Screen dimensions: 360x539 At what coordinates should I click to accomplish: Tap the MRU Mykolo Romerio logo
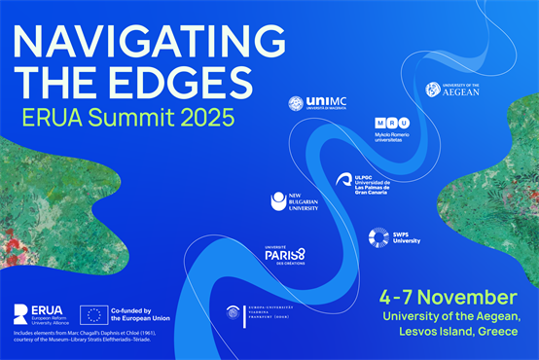(397, 129)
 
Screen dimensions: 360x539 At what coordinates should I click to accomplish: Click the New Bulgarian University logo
(293, 201)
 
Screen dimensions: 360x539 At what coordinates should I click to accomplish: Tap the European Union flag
(95, 314)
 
